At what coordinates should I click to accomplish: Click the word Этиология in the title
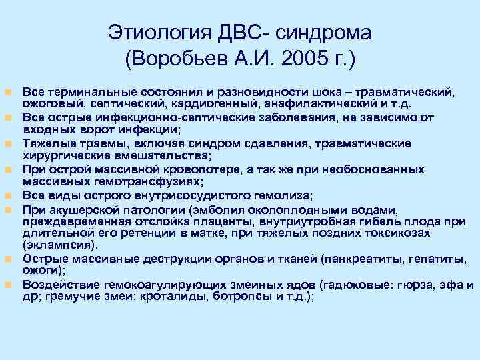pyautogui.click(x=155, y=33)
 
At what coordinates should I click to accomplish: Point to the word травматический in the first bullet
pyautogui.click(x=411, y=91)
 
